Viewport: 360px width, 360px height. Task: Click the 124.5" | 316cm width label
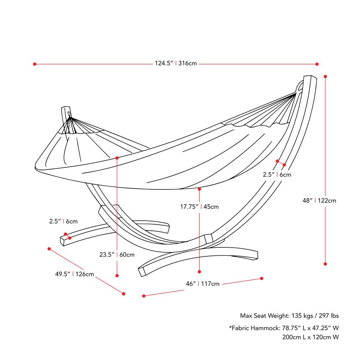[x=176, y=64]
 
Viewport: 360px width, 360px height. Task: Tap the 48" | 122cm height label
[x=319, y=201]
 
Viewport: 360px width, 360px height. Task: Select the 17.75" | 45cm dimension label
[x=199, y=207]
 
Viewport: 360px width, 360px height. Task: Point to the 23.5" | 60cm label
[x=117, y=255]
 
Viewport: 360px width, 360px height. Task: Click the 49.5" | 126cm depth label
[x=75, y=274]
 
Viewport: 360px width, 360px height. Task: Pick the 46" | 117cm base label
[x=202, y=284]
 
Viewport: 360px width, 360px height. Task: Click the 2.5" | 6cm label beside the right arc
[x=277, y=175]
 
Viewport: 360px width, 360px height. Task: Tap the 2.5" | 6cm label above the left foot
[x=63, y=221]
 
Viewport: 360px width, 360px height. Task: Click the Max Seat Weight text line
[x=289, y=316]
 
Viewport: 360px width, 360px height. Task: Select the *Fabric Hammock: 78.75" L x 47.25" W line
[x=284, y=328]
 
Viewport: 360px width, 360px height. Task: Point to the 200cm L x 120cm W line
[x=310, y=337]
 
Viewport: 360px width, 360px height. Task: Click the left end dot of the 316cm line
[x=35, y=64]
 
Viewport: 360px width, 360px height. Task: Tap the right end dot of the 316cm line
[x=317, y=64]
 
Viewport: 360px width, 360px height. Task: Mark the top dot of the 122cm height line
[x=325, y=76]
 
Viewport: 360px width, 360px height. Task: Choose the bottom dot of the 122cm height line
[x=325, y=264]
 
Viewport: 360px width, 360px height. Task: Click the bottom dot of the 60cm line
[x=117, y=275]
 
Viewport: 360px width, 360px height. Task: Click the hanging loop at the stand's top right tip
[x=300, y=87]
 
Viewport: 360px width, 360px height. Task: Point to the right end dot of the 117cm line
[x=262, y=278]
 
